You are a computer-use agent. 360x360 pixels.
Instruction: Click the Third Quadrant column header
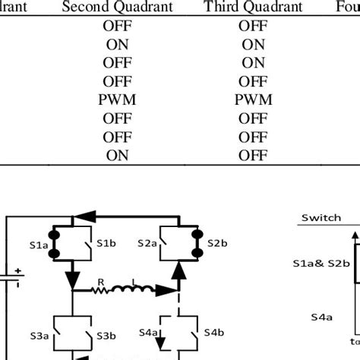pos(253,8)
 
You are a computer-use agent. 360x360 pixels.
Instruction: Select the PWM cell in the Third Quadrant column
pos(253,100)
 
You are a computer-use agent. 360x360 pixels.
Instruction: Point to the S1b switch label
pos(106,243)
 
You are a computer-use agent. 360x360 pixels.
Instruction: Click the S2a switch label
pos(147,243)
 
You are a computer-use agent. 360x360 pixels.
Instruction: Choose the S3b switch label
pos(106,334)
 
